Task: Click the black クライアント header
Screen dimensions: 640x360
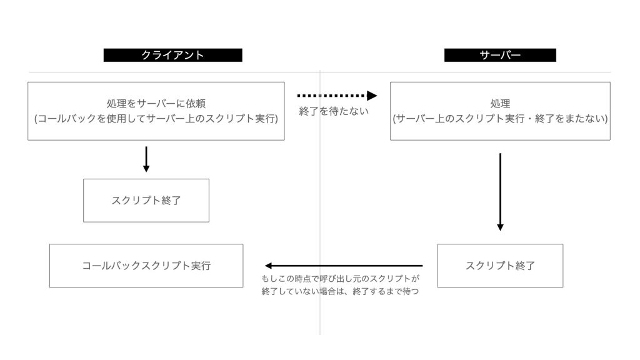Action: coord(172,55)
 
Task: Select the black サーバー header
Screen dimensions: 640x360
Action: coord(500,55)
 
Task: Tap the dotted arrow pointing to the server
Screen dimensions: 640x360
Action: coord(337,96)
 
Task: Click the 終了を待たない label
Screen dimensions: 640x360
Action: coord(334,111)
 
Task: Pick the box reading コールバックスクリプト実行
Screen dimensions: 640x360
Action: coord(146,266)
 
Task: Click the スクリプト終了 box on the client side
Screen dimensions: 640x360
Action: coord(146,201)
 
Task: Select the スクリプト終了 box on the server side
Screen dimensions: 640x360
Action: coord(500,266)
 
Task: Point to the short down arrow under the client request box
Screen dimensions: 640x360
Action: coord(146,159)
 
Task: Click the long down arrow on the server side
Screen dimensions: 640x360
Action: coord(500,192)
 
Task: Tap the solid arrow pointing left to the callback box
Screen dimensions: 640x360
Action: coord(344,266)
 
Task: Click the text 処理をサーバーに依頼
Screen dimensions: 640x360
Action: coord(156,104)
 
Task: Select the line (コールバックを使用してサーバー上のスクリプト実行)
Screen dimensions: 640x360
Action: coord(156,118)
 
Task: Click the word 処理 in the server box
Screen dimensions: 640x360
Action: coord(500,104)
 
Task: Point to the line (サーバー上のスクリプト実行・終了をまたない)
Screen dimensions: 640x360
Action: coord(500,118)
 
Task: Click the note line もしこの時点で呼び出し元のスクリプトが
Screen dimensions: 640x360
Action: coord(341,279)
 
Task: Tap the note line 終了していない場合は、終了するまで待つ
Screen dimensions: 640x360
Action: coord(340,291)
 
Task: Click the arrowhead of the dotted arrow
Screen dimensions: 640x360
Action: coord(372,96)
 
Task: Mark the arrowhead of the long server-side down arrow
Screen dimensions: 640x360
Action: coord(500,227)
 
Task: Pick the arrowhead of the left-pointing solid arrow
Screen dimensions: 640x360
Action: coord(268,266)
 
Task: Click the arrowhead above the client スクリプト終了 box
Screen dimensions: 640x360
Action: coord(146,169)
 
